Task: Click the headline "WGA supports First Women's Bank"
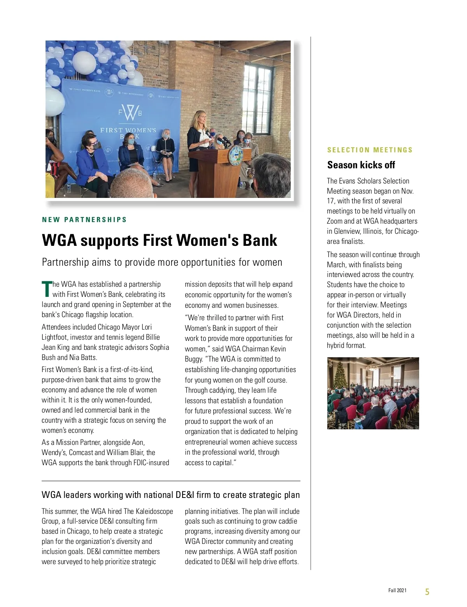[159, 240]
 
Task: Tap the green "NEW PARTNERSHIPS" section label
[84, 220]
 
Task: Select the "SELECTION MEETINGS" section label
[370, 150]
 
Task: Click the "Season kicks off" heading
[361, 165]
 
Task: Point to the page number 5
[427, 592]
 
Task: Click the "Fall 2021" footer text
[397, 590]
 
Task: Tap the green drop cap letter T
[46, 289]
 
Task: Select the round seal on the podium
[235, 155]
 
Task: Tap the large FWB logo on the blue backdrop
[130, 113]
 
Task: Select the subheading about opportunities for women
[162, 262]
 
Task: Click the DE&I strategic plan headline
[170, 495]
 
